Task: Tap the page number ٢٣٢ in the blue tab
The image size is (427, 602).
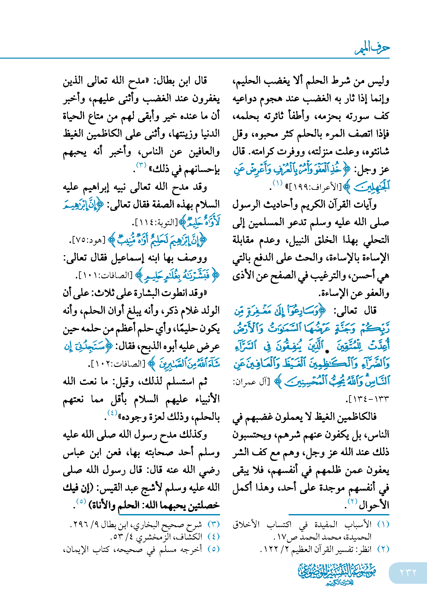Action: (x=408, y=572)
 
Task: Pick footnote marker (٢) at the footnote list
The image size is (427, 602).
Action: (x=383, y=549)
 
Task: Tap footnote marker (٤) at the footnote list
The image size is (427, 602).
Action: (x=214, y=537)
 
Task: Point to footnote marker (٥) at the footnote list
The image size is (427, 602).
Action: (x=214, y=549)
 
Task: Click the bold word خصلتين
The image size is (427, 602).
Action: (x=204, y=505)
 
